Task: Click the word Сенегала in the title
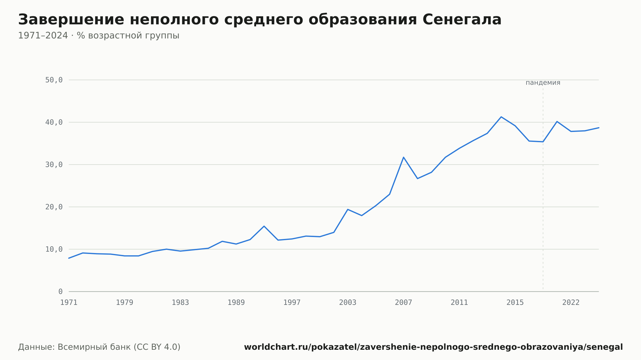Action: [462, 20]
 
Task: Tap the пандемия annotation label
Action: [543, 83]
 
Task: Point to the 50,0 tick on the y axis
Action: [54, 80]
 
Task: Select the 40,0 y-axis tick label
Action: [54, 122]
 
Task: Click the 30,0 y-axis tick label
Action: [54, 165]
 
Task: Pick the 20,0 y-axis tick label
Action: [54, 207]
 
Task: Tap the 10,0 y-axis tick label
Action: [54, 249]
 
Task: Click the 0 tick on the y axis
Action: [60, 291]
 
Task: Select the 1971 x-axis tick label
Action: [69, 303]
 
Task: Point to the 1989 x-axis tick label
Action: [236, 303]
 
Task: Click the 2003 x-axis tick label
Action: [348, 303]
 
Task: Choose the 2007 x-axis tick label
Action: [404, 303]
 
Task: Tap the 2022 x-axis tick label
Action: [571, 303]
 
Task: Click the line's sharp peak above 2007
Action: [404, 157]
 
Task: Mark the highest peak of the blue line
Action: [501, 117]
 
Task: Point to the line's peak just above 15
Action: [264, 226]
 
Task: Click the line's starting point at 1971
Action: [69, 258]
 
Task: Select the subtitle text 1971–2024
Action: [43, 36]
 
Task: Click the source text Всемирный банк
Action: [94, 347]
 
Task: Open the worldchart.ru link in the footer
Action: [433, 347]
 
